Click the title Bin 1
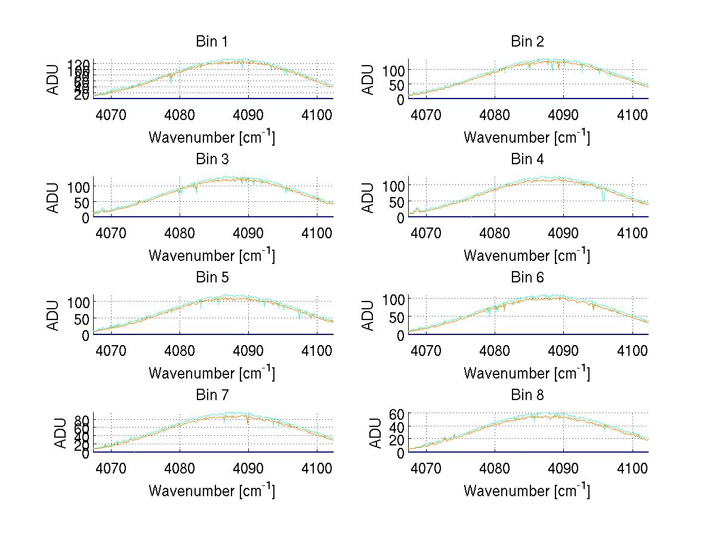(212, 42)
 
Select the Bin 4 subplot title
(527, 159)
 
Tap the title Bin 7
(212, 395)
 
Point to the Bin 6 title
(527, 278)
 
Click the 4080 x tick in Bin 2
(495, 114)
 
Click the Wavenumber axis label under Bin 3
(212, 255)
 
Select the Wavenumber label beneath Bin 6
(527, 373)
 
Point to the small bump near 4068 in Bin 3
(102, 209)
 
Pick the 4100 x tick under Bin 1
(317, 114)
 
